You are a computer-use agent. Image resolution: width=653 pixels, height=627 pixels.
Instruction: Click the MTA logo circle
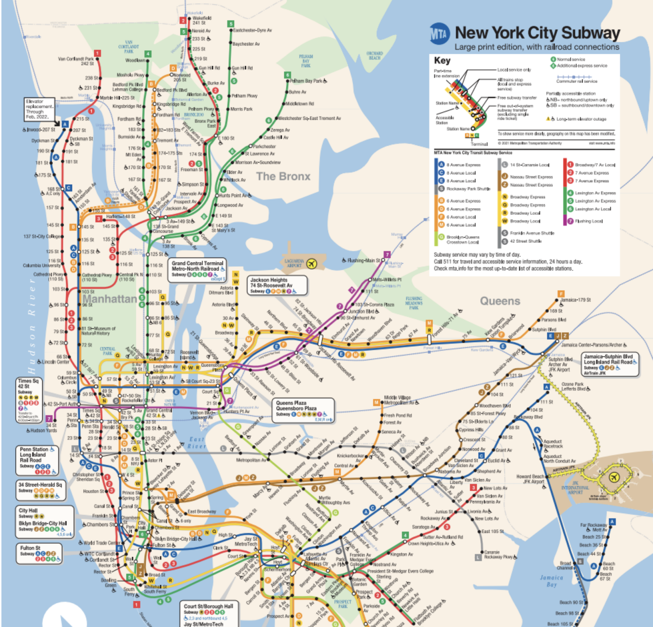tap(440, 33)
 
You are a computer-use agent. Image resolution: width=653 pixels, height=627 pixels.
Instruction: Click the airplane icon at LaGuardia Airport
tap(312, 264)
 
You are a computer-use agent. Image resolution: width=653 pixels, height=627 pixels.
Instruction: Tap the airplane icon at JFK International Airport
tap(613, 478)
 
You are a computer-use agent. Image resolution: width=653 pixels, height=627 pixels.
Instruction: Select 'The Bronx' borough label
tap(283, 176)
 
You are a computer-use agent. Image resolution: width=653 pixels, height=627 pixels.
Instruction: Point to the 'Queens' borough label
tap(500, 301)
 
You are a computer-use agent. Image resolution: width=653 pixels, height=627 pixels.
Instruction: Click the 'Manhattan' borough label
tap(110, 299)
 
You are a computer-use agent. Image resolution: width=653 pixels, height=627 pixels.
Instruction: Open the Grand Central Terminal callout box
tap(197, 269)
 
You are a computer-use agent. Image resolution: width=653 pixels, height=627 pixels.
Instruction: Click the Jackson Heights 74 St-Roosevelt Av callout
tap(277, 285)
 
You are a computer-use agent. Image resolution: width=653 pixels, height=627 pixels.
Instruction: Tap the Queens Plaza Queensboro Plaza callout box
tap(303, 410)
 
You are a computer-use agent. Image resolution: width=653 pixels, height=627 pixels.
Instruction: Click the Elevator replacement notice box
tap(39, 109)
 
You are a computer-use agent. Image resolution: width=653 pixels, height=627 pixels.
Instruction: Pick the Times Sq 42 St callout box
tap(29, 400)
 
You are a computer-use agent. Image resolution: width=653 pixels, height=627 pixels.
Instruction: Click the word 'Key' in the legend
tap(442, 60)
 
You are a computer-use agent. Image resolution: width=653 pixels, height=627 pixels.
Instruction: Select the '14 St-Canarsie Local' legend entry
tap(529, 165)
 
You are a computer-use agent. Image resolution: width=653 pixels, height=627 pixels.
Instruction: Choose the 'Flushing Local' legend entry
tap(588, 221)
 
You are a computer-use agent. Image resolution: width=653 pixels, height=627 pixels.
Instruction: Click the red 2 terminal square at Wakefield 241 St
tap(183, 20)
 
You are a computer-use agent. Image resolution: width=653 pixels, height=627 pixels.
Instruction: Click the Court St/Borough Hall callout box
tap(209, 613)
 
